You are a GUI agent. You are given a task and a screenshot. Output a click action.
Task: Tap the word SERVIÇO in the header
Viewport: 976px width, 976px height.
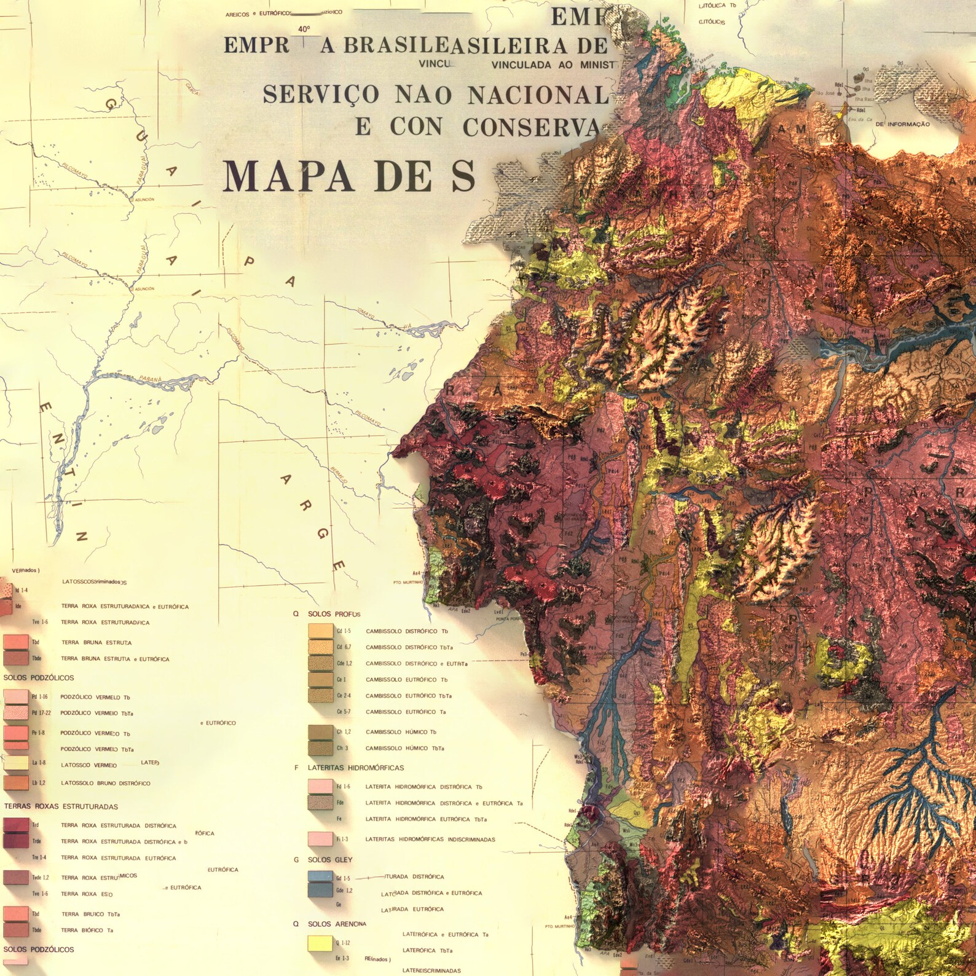pos(312,95)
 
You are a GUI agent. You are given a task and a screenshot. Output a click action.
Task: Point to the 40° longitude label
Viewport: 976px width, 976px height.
pos(304,30)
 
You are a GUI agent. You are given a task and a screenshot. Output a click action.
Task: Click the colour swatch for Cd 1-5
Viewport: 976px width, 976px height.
pos(320,631)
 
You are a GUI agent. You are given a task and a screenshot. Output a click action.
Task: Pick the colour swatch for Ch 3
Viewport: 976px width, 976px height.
pos(320,749)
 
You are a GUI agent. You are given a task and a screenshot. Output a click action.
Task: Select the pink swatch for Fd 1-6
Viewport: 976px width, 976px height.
pos(320,787)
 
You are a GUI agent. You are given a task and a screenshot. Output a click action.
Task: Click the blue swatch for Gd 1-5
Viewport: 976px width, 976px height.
pos(320,877)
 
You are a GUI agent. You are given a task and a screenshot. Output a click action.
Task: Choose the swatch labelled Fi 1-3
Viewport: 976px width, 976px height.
pos(320,839)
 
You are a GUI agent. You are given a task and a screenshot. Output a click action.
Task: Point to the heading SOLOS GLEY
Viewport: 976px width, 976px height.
pos(330,860)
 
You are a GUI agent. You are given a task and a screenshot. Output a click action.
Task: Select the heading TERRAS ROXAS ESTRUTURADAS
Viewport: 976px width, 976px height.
pos(61,806)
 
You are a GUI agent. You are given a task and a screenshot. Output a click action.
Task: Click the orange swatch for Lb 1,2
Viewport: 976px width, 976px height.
pos(16,783)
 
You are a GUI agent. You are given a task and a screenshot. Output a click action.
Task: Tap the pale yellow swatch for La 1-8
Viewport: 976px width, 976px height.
pos(16,763)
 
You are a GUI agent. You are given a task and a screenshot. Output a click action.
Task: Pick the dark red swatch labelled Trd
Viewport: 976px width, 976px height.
pos(16,825)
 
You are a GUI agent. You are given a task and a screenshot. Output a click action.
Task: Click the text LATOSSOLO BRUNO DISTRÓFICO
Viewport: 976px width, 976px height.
pos(105,783)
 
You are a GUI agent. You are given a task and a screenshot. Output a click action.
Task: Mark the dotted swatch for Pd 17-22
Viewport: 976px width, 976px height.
pos(16,713)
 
